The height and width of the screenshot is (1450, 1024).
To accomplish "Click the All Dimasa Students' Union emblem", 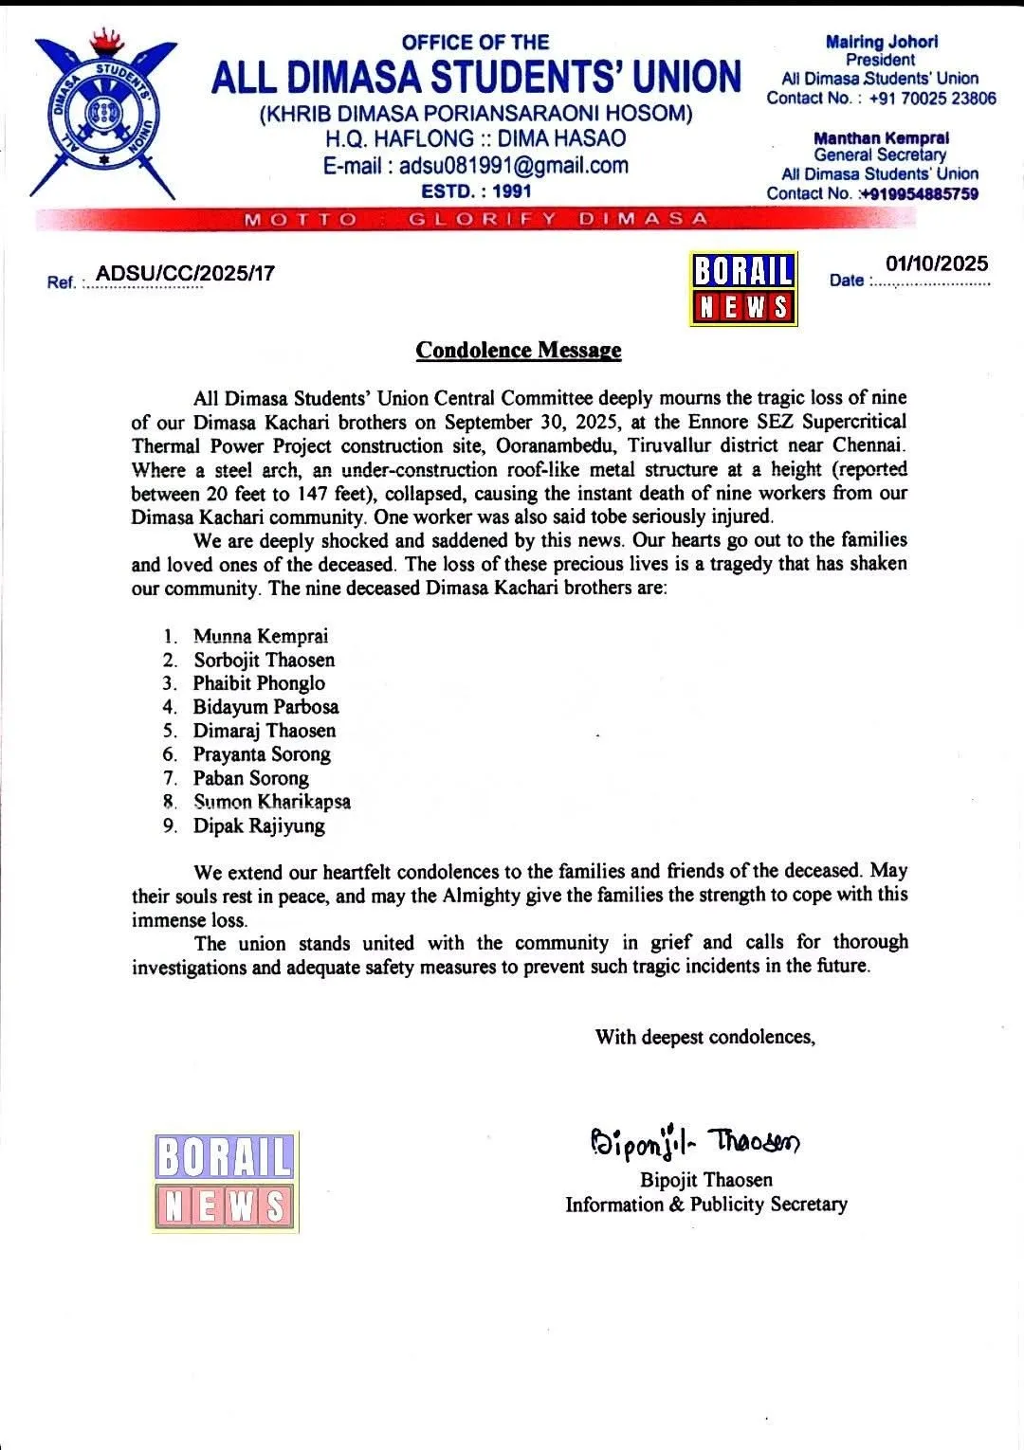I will tap(103, 116).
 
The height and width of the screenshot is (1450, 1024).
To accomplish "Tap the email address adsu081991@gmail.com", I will tap(476, 166).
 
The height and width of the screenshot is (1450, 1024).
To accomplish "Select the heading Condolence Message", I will tap(519, 351).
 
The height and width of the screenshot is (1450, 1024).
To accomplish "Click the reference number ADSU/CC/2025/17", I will tap(186, 274).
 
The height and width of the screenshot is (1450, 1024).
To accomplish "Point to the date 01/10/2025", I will tap(937, 263).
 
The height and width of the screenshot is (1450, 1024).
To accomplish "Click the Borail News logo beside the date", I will tap(744, 289).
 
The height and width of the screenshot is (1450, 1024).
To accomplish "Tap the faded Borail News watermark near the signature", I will tap(226, 1182).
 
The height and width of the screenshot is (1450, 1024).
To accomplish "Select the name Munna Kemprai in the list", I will tap(261, 637).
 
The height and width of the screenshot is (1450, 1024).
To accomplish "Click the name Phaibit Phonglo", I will tap(259, 683).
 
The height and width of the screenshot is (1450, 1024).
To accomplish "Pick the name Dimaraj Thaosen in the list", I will tap(265, 731).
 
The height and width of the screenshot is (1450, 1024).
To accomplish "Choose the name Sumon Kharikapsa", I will tap(272, 802).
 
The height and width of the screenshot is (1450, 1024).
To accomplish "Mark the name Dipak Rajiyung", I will tap(259, 825).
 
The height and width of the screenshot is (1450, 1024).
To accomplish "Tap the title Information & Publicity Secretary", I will tap(706, 1205).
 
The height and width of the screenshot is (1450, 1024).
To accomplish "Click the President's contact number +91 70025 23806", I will tap(932, 98).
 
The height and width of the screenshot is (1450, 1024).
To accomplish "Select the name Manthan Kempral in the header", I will tap(881, 137).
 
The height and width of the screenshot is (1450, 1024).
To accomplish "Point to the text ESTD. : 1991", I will tap(476, 191).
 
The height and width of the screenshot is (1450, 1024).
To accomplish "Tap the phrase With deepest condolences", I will tap(704, 1037).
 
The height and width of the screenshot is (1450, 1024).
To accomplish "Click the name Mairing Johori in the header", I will tap(882, 42).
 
